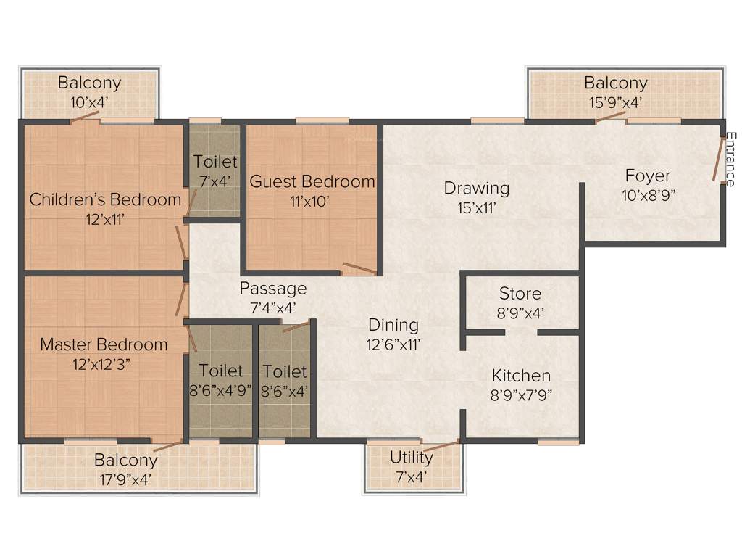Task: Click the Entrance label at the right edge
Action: pyautogui.click(x=730, y=159)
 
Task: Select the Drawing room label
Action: pyautogui.click(x=477, y=188)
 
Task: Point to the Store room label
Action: pyautogui.click(x=520, y=294)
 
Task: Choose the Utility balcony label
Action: pyautogui.click(x=412, y=457)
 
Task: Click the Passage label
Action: pyautogui.click(x=273, y=288)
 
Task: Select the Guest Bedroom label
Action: pyautogui.click(x=312, y=181)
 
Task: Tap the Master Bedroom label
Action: pyautogui.click(x=104, y=344)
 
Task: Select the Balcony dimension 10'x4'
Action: pyautogui.click(x=90, y=102)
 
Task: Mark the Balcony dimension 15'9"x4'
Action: pyautogui.click(x=616, y=102)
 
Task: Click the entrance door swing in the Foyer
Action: pyautogui.click(x=717, y=160)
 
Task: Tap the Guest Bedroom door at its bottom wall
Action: pyautogui.click(x=359, y=268)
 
